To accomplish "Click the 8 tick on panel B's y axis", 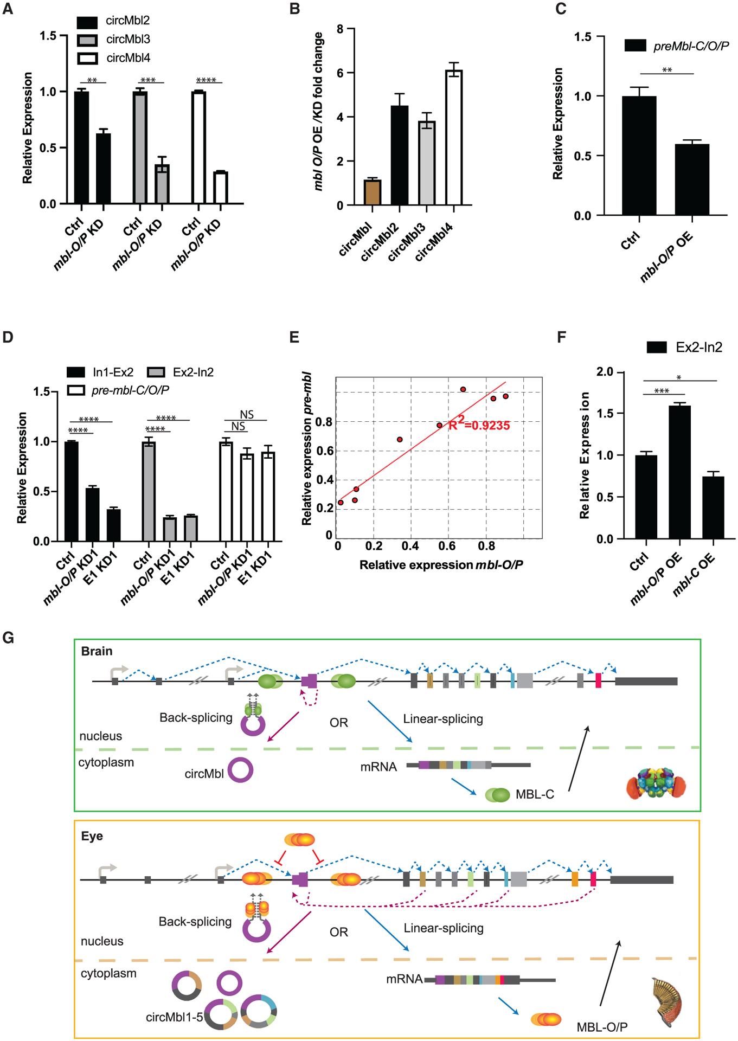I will click(x=339, y=29).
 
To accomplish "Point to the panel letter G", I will click(x=9, y=639).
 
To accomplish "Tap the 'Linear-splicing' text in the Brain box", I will click(x=443, y=719).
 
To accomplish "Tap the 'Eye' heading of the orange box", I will click(x=92, y=836).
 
